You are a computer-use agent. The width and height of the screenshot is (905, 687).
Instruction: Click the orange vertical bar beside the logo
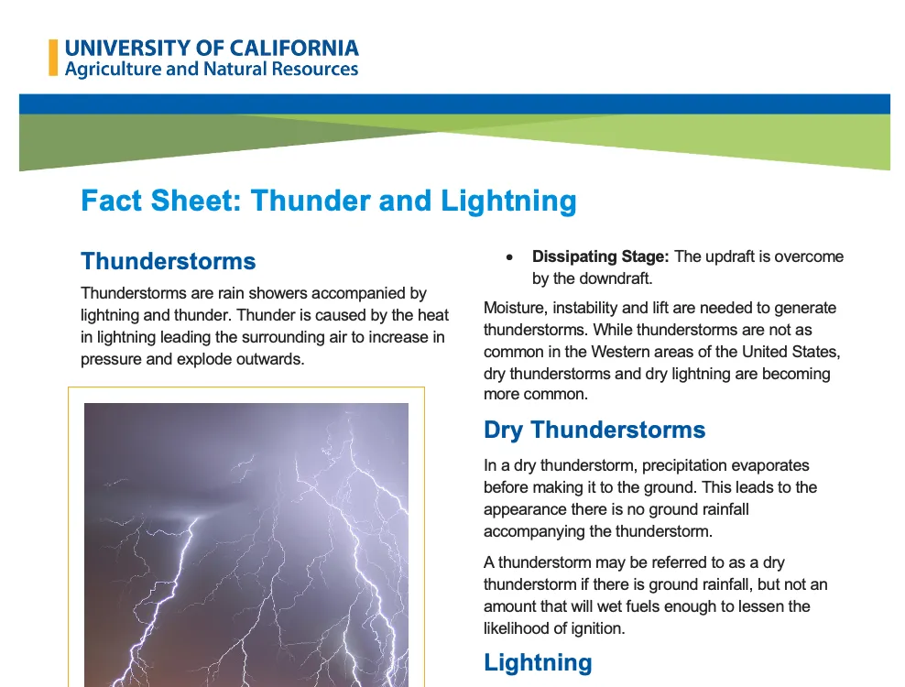point(53,58)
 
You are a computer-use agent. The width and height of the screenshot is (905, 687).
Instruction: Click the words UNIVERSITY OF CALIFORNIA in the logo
point(212,48)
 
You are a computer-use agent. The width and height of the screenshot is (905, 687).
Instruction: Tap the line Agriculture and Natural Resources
point(212,70)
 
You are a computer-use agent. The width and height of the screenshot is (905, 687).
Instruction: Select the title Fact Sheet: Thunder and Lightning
point(329,201)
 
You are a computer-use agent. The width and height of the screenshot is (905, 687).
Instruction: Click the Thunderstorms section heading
point(169,261)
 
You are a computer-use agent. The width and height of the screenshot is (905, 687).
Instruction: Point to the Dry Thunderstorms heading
point(594,431)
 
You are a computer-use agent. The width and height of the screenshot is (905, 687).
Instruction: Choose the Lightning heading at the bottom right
point(538,662)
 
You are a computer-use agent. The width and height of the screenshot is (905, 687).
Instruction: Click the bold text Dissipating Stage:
point(601,256)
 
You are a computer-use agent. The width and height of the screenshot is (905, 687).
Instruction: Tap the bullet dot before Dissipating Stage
point(510,257)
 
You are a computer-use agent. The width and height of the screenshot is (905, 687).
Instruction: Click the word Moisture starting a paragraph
point(513,308)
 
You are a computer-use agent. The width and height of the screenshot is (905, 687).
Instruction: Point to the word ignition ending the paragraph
point(593,628)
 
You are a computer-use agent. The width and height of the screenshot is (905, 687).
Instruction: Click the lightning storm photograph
point(245,540)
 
